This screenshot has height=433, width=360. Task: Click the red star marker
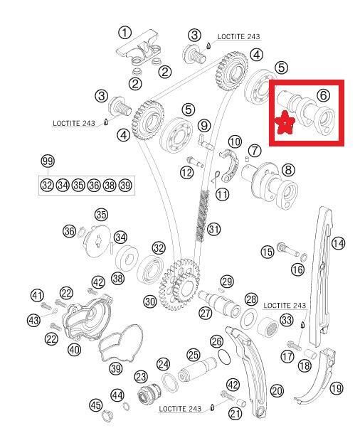285,122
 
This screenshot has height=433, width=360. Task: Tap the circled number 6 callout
323,95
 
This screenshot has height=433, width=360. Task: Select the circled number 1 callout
125,33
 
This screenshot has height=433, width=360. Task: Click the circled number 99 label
48,161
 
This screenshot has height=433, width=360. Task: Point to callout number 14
338,243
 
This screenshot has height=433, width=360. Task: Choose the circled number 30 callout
150,301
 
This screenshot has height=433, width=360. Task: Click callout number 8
288,170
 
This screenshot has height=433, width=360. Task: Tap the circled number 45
96,405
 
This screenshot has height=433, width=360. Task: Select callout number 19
337,388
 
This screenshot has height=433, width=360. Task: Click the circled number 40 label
74,350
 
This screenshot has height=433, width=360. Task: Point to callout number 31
213,229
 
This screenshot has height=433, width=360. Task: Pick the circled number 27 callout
206,313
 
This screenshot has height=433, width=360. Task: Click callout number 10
235,142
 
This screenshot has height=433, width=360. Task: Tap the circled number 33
287,320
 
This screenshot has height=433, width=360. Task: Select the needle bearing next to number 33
268,326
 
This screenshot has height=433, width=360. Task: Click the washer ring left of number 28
249,318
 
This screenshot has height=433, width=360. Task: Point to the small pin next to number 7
247,159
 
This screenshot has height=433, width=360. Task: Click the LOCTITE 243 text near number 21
180,409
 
